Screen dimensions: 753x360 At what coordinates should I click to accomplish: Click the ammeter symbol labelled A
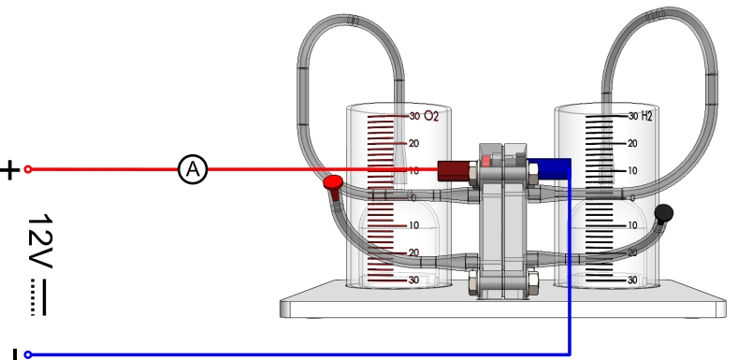193,169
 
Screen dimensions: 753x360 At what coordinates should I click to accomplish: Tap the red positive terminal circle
28,169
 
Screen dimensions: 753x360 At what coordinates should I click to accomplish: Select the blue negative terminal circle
28,355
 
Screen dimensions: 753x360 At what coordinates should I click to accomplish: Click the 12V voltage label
40,241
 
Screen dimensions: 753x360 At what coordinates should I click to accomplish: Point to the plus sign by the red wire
9,170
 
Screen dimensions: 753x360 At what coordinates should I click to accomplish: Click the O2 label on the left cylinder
432,117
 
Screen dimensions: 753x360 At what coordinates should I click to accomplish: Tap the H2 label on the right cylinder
647,116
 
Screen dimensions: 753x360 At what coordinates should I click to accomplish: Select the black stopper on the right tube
664,213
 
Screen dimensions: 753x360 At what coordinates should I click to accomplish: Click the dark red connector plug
454,171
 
